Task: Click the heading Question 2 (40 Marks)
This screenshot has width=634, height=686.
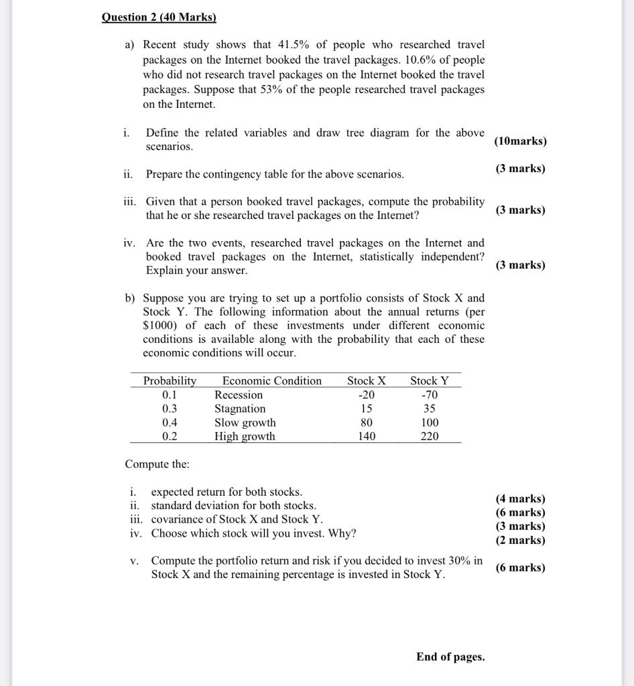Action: pos(159,17)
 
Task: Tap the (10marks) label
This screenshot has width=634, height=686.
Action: pos(520,141)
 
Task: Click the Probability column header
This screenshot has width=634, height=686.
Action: pos(170,381)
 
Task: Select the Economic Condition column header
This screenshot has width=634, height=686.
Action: pos(271,381)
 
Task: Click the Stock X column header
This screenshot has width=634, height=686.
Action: pos(366,381)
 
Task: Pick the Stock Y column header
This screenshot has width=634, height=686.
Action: pos(430,381)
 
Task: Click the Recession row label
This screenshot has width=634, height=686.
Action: pos(239,395)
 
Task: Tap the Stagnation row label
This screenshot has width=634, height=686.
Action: pos(240,409)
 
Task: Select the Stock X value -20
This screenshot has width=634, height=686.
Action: pos(367,395)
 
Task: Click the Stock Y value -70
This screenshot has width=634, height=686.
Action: pos(430,395)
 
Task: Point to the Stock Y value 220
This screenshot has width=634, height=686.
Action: pos(430,436)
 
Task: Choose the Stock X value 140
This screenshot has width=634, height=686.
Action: pos(367,436)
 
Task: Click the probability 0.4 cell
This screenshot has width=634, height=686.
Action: pos(170,423)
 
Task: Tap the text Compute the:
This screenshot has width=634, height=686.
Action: pos(157,464)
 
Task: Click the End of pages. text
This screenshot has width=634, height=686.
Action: pos(450,657)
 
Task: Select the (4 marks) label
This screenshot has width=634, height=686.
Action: pos(520,498)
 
